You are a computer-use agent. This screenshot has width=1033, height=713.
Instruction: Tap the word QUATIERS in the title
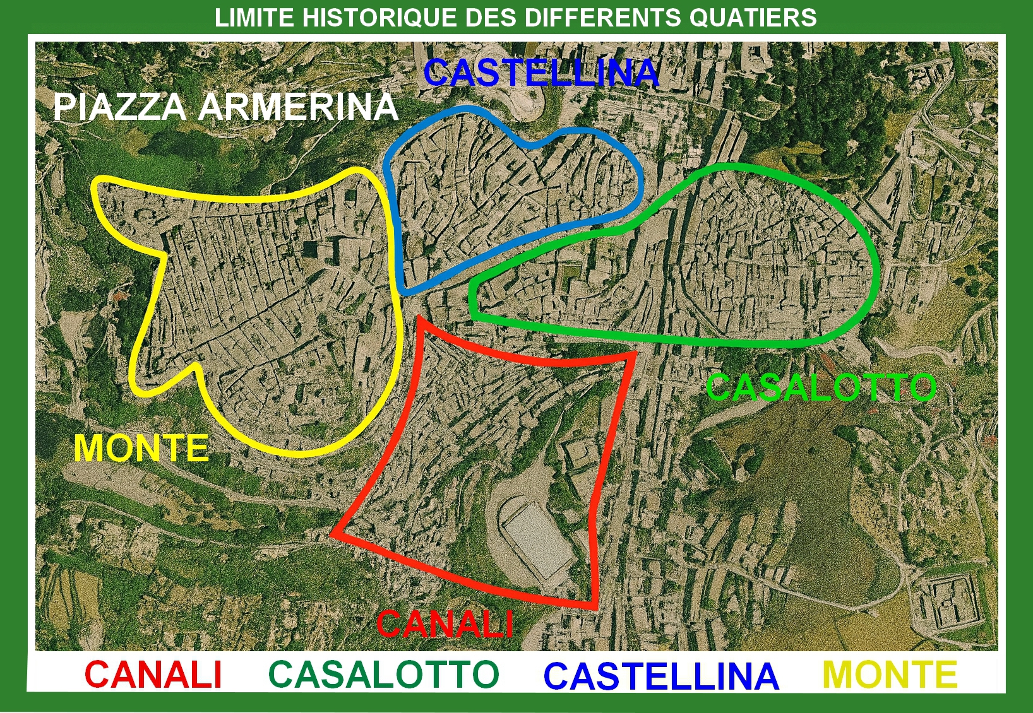753,18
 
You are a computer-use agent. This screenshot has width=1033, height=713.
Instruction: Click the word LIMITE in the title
255,18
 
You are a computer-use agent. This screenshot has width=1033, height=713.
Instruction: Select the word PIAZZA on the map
119,107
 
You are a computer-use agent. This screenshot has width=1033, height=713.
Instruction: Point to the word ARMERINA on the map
298,107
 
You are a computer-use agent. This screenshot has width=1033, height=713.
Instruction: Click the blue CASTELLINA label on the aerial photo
542,73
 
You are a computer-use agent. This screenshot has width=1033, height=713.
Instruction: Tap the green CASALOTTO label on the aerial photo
821,387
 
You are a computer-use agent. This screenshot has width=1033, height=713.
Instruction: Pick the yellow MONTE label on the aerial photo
141,449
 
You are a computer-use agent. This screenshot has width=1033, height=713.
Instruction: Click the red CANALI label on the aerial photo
445,624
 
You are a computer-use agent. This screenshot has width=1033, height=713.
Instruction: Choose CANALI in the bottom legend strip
153,675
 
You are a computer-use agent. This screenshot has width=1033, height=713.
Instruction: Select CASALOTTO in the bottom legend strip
384,675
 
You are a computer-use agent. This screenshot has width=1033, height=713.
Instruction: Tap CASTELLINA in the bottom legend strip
661,676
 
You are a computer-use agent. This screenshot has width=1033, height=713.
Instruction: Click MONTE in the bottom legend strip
890,675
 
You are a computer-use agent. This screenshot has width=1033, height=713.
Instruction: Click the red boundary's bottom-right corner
595,607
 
